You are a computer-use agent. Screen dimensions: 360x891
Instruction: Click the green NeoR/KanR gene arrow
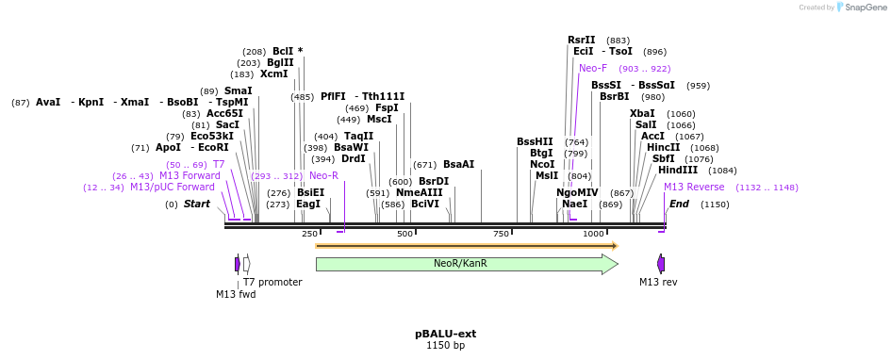point(462,264)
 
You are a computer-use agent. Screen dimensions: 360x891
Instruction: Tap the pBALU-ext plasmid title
point(445,334)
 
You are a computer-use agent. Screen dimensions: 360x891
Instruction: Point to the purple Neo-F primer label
point(593,69)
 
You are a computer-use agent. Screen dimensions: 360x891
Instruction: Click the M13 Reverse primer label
point(694,188)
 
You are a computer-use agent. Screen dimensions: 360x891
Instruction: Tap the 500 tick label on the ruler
point(405,234)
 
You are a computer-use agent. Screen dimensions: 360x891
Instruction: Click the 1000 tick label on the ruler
point(593,234)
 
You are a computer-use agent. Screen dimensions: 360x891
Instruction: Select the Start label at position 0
point(196,205)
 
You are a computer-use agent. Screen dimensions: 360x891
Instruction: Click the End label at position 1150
point(679,205)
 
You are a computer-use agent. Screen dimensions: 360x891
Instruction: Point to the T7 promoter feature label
point(272,282)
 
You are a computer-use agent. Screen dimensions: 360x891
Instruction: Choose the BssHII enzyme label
point(535,141)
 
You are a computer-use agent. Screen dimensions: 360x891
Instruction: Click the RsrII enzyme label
point(581,41)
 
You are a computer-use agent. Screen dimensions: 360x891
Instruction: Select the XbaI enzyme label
point(642,113)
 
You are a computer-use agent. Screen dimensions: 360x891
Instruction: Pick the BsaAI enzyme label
point(459,164)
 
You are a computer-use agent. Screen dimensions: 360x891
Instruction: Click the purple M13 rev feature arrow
point(661,264)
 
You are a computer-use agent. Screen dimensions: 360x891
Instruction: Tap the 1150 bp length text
point(445,346)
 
